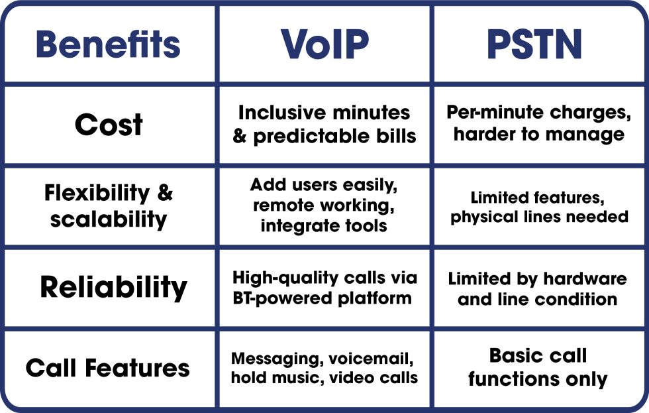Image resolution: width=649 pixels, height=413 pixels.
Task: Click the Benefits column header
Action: (108, 44)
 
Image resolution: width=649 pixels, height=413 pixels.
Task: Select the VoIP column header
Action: (324, 44)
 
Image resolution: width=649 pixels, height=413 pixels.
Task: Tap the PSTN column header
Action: (534, 44)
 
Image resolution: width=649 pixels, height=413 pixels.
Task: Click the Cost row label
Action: (109, 125)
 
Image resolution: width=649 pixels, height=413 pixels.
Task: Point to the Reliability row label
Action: (113, 288)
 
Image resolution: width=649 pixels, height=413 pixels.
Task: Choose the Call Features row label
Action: (108, 368)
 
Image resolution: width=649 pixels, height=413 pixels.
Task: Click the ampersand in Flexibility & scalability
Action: (165, 193)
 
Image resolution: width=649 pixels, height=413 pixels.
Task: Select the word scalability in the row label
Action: (108, 219)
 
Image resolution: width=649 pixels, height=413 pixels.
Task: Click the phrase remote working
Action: (324, 205)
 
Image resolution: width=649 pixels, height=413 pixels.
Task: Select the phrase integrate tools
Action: (324, 226)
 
